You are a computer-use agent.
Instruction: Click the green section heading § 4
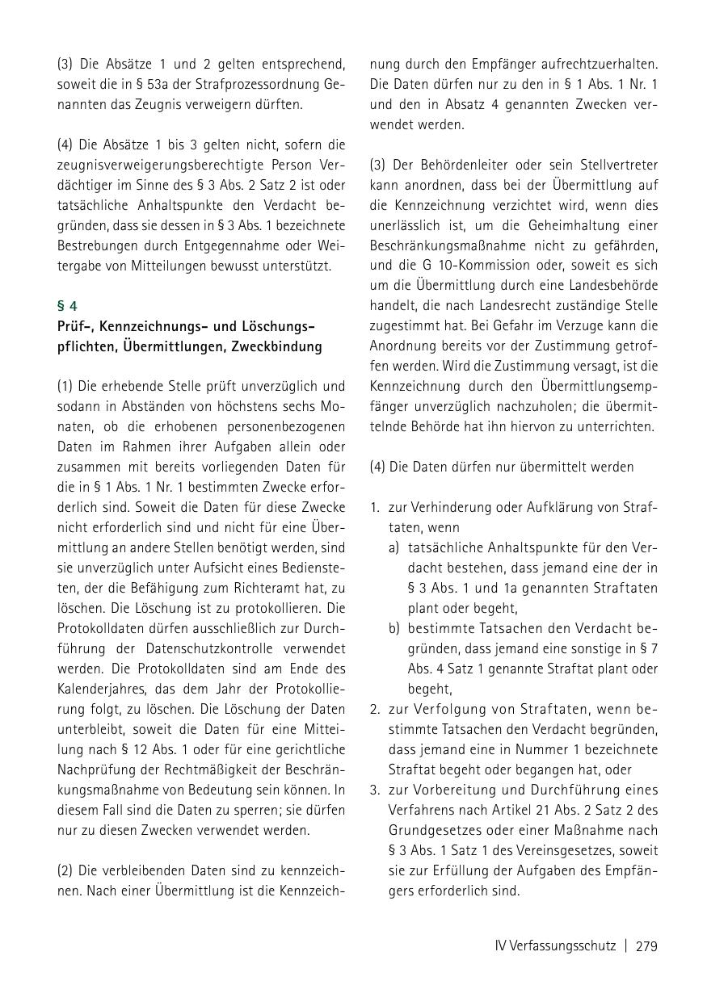point(67,306)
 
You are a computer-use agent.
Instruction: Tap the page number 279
point(646,946)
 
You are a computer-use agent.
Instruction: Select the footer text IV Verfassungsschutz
point(555,946)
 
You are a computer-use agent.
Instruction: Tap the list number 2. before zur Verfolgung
point(376,710)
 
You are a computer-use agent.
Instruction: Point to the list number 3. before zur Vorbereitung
point(376,790)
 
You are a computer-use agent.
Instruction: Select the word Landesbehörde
point(612,286)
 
